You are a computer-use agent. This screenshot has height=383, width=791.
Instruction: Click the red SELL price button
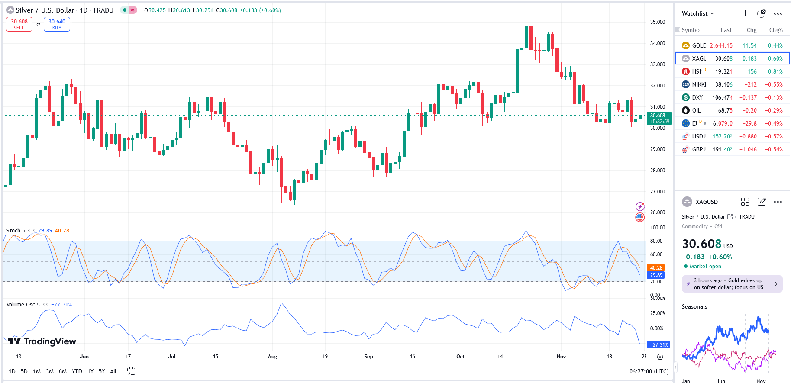tap(19, 24)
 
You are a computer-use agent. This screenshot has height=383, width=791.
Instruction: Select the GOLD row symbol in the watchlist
tap(698, 45)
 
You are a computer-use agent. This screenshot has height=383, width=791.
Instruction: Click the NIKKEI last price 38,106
tap(723, 84)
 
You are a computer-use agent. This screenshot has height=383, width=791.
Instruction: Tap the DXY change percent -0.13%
tap(775, 97)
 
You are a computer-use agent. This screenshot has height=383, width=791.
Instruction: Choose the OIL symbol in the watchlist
tap(696, 110)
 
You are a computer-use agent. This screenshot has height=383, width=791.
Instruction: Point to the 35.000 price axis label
tap(657, 22)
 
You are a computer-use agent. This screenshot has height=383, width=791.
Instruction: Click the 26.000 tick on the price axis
tap(657, 212)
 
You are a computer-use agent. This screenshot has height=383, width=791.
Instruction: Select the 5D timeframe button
tap(24, 371)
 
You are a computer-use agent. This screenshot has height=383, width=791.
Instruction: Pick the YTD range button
tap(77, 371)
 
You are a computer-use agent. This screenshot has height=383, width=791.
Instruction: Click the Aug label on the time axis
tap(272, 357)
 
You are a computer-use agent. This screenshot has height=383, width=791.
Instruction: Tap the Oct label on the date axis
tap(460, 357)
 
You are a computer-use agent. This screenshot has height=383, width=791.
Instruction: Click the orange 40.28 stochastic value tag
tap(656, 268)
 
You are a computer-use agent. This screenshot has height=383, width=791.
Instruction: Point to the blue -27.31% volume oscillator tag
tap(659, 345)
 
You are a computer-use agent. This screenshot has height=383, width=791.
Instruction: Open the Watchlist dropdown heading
tap(697, 13)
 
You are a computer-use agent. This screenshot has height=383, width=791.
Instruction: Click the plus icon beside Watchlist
tap(745, 13)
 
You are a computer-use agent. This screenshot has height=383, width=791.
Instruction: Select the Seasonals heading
tap(694, 306)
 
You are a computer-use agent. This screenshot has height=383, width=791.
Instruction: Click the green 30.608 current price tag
tap(659, 118)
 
